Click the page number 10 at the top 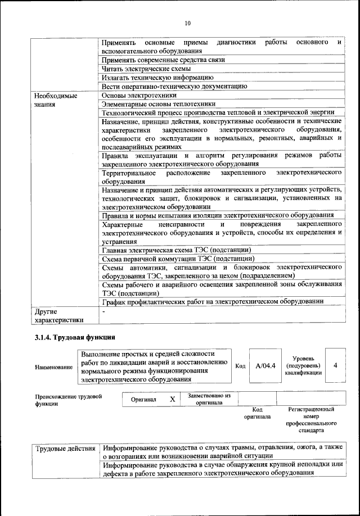tap(187, 23)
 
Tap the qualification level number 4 tap(335, 365)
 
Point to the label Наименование tap(53, 367)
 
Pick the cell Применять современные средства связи tap(163, 59)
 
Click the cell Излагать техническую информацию tap(157, 77)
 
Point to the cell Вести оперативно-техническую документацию tap(174, 86)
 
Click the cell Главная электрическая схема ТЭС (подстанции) tap(176, 250)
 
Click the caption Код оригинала tap(257, 413)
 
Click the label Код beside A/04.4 tap(240, 366)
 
